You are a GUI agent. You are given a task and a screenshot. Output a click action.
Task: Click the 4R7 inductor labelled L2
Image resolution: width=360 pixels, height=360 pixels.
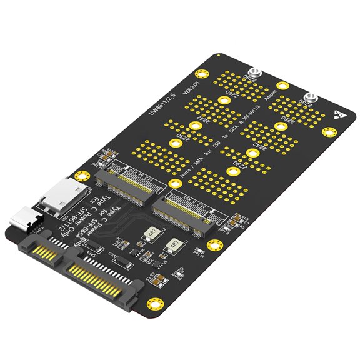coord(152,236)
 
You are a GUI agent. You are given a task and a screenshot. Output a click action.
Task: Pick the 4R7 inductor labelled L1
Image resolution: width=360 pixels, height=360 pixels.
coord(175,246)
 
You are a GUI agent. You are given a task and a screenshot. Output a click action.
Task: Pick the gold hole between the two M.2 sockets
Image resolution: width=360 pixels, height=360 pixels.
coord(176,183)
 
